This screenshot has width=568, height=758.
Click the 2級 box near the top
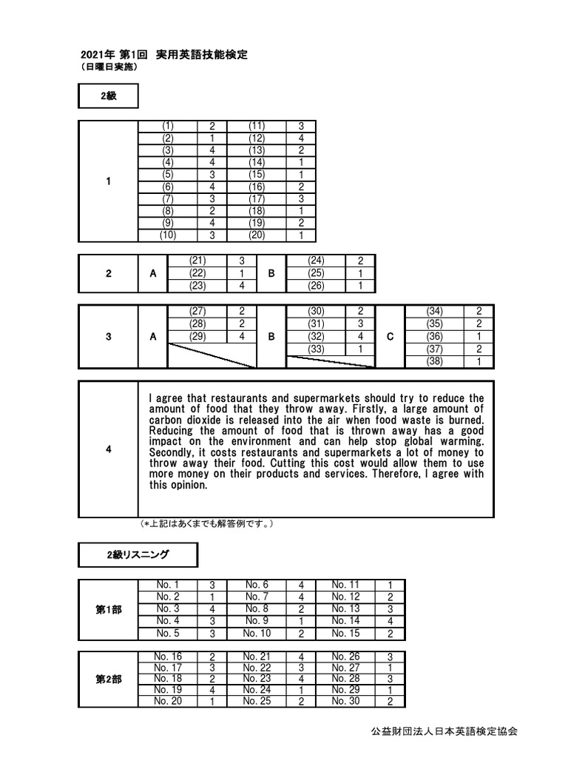(x=107, y=96)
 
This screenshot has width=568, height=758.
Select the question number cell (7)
(x=168, y=198)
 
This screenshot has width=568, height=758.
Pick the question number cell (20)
(x=257, y=235)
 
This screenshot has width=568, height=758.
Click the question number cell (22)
(x=197, y=272)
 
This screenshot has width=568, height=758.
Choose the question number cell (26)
(x=316, y=286)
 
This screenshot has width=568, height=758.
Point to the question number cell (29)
(x=197, y=336)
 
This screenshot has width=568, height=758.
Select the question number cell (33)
(x=316, y=349)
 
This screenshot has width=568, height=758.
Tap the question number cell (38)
(x=434, y=362)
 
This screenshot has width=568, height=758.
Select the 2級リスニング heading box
(x=138, y=554)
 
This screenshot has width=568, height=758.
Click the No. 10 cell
(x=257, y=633)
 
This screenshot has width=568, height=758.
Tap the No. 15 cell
(x=345, y=633)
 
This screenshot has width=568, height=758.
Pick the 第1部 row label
(x=109, y=609)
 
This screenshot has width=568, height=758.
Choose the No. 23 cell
(x=257, y=678)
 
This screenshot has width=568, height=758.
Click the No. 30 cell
(x=345, y=701)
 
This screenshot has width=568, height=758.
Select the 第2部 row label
(x=109, y=678)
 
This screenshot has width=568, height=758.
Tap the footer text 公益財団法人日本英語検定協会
(x=444, y=731)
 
